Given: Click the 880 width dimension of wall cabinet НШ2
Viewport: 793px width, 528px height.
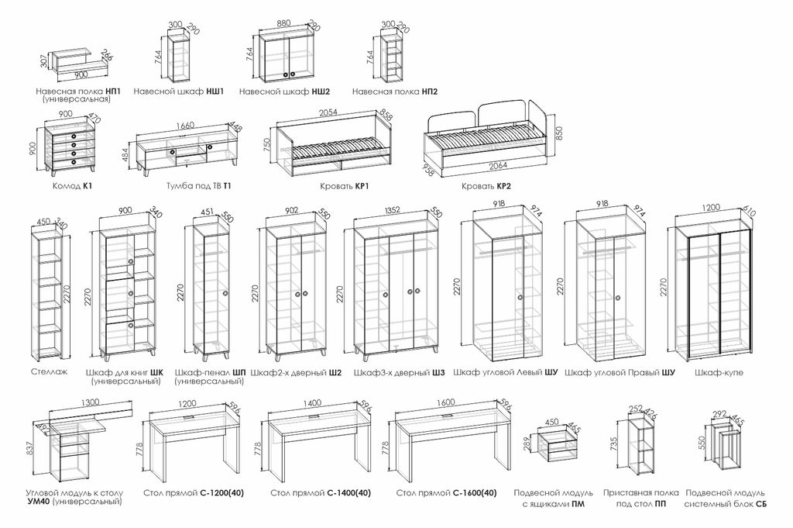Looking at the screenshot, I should click(285, 23).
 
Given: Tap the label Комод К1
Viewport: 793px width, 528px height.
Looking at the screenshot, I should click(72, 186).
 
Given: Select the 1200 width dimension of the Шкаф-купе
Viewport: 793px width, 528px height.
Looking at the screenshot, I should click(711, 207).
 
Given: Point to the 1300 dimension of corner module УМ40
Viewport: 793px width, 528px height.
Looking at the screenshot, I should click(91, 403).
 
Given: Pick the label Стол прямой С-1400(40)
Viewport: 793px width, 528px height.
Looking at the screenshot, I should click(321, 492).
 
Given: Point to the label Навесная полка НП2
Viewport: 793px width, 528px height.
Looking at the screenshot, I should click(394, 91).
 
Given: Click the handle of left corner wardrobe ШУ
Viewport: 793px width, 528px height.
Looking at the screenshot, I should click(519, 298).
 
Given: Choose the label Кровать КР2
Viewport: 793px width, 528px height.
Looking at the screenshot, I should click(486, 186).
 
